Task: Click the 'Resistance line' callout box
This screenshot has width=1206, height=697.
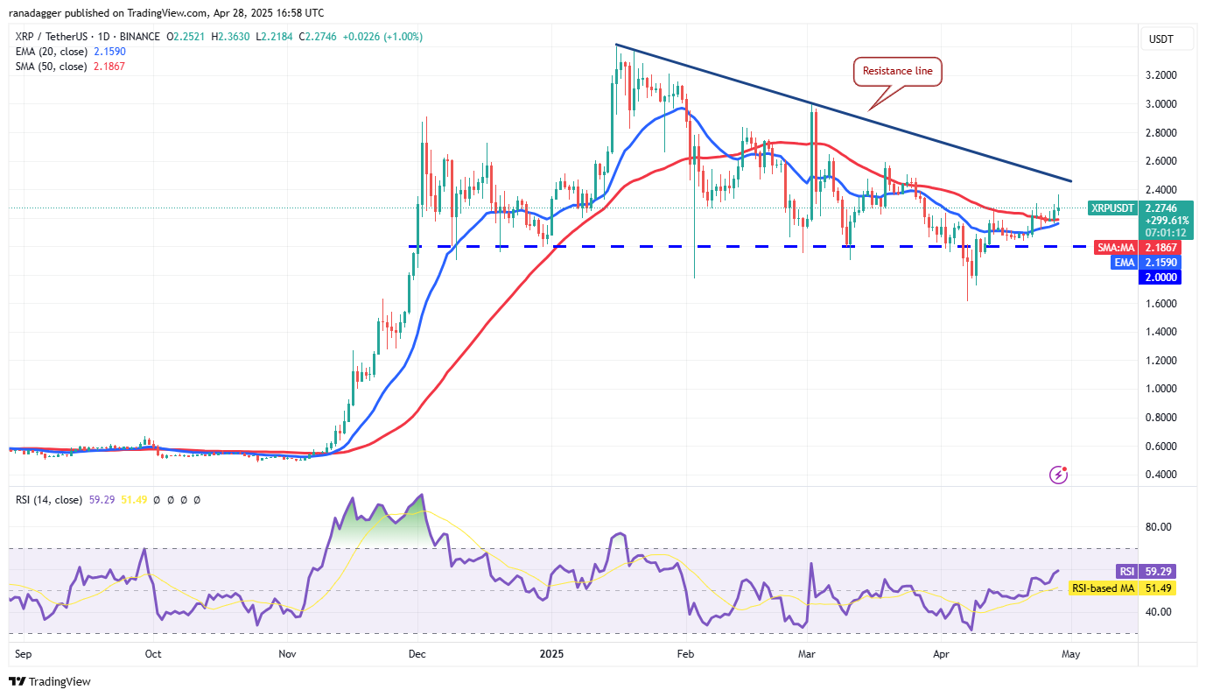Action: point(897,72)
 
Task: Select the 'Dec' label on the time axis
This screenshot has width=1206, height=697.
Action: point(417,653)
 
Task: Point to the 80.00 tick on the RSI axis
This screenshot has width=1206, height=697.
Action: point(1160,527)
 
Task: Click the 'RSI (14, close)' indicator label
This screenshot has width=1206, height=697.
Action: point(48,500)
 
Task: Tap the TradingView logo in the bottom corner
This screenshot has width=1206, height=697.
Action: point(50,681)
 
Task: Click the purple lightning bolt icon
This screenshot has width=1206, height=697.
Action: point(1059,475)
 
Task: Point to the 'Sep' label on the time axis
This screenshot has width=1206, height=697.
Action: point(18,653)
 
